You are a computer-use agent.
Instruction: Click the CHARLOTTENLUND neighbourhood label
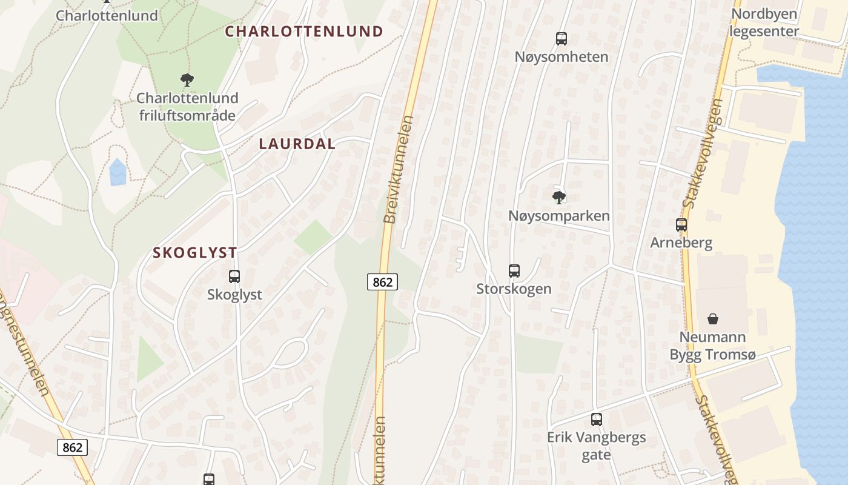pyautogui.click(x=304, y=32)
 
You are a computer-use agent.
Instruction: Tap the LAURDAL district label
pyautogui.click(x=297, y=144)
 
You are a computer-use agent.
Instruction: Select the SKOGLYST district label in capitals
pyautogui.click(x=194, y=253)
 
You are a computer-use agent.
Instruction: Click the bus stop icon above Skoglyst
pyautogui.click(x=234, y=276)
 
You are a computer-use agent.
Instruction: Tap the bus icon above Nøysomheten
pyautogui.click(x=561, y=39)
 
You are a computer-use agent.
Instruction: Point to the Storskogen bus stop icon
pyautogui.click(x=514, y=270)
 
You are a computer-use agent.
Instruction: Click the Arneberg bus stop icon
pyautogui.click(x=681, y=225)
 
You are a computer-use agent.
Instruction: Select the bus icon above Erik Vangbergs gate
pyautogui.click(x=597, y=419)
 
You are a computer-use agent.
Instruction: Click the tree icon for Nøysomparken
pyautogui.click(x=559, y=197)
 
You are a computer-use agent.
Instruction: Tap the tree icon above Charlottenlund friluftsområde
pyautogui.click(x=187, y=79)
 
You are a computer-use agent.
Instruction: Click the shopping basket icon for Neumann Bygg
pyautogui.click(x=713, y=319)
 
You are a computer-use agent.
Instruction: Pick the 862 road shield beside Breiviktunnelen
pyautogui.click(x=382, y=281)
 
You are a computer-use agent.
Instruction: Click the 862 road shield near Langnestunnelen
pyautogui.click(x=72, y=447)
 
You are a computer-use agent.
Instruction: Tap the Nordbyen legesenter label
pyautogui.click(x=764, y=22)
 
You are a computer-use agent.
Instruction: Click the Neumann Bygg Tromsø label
pyautogui.click(x=712, y=346)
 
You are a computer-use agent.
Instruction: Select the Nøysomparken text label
pyautogui.click(x=559, y=216)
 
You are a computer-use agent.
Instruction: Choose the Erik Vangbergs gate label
pyautogui.click(x=596, y=446)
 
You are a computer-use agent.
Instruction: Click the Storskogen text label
pyautogui.click(x=514, y=289)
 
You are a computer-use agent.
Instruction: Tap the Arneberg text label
pyautogui.click(x=681, y=242)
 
